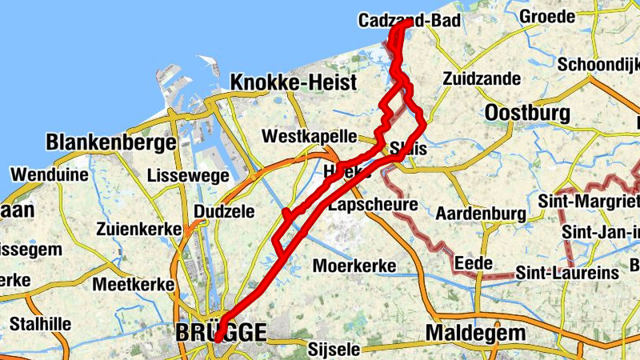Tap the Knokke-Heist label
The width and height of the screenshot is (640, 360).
(282, 82)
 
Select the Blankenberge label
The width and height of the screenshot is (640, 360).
(111, 142)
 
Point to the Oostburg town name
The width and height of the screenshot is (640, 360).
(527, 112)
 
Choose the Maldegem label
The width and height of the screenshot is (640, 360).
(476, 332)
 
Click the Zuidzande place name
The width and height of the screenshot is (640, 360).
(482, 79)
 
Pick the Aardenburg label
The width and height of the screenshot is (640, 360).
(480, 214)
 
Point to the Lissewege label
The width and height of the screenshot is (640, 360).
(185, 174)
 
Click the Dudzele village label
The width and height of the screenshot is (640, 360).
(224, 211)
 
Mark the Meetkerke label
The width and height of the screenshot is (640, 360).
(134, 284)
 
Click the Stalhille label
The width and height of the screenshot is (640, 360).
(41, 324)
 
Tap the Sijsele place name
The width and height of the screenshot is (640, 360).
(334, 349)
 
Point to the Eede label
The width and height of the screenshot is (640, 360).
(470, 263)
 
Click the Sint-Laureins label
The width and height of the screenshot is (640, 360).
(567, 273)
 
